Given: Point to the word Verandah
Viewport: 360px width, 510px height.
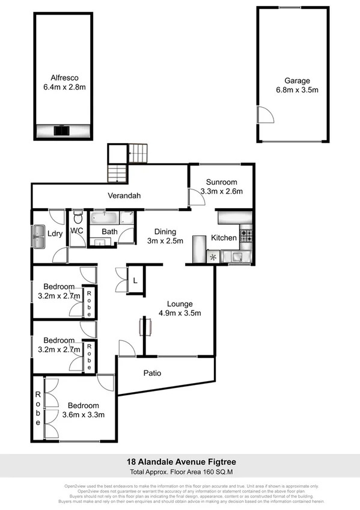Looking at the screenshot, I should tap(124, 195).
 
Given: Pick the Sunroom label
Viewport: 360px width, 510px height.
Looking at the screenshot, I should tap(221, 182).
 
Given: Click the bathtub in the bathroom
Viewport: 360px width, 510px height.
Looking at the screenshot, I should tap(105, 217).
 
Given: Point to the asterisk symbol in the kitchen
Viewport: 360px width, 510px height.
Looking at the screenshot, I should tap(213, 257).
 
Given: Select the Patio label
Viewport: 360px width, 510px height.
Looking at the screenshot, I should tap(152, 373).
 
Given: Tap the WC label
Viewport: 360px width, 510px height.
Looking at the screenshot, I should tap(77, 230).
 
